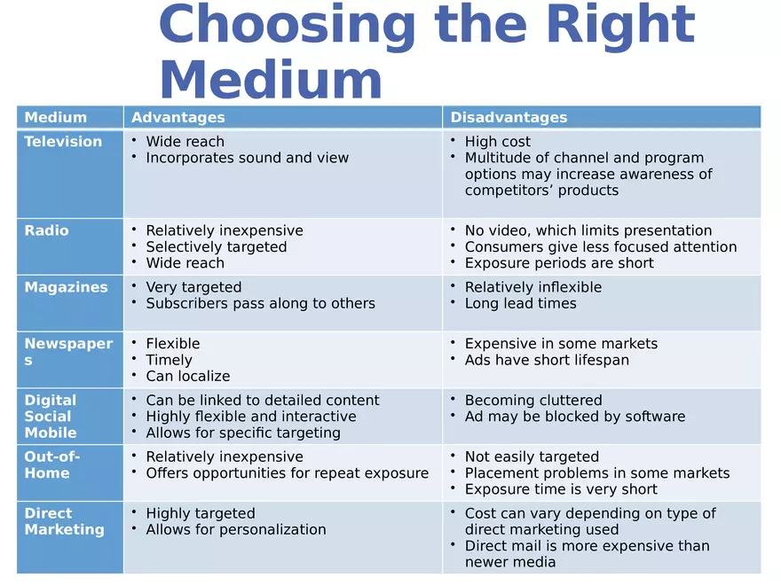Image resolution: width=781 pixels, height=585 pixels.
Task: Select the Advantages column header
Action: [x=178, y=117]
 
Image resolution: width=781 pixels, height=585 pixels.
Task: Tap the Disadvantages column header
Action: [x=509, y=117]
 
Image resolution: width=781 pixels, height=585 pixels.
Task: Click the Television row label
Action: [x=63, y=142]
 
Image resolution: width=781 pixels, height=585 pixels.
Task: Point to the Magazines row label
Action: [x=66, y=287]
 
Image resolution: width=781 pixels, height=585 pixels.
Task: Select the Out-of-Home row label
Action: [x=52, y=464]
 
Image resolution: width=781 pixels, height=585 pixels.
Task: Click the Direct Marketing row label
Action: [x=64, y=521]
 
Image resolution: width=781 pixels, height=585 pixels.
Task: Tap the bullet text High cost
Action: [x=498, y=142]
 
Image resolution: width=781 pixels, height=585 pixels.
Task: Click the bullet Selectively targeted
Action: [x=217, y=247]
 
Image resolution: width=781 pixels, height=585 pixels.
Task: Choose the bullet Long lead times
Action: [x=521, y=303]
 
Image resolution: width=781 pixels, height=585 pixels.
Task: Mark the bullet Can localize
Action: [x=188, y=376]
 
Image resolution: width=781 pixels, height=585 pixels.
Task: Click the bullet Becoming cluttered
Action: [x=533, y=401]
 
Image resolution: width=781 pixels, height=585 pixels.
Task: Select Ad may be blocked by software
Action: [x=575, y=417]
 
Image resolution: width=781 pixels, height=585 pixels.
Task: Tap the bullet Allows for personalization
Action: [x=236, y=529]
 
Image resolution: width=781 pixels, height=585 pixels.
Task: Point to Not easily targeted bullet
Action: [x=532, y=456]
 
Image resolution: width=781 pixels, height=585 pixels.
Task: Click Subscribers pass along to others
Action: [x=261, y=303]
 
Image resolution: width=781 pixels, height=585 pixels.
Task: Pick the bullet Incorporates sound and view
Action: [x=248, y=158]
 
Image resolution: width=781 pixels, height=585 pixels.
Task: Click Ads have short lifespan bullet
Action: [x=547, y=360]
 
